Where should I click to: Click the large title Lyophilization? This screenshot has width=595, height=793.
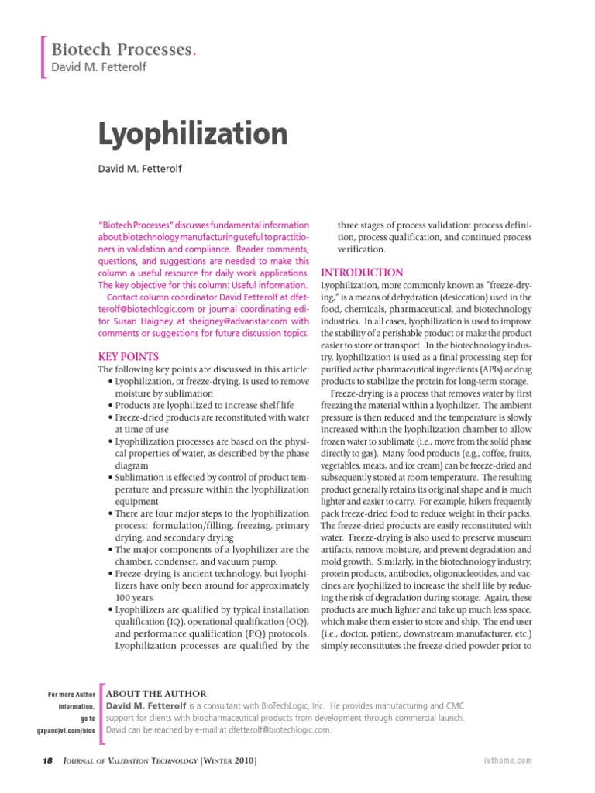pyautogui.click(x=193, y=135)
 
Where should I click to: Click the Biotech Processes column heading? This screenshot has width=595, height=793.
pyautogui.click(x=122, y=50)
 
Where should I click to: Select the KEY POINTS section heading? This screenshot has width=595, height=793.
pyautogui.click(x=128, y=357)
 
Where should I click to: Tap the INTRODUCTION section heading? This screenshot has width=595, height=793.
pyautogui.click(x=362, y=273)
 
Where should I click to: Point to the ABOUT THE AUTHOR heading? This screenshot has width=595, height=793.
pyautogui.click(x=156, y=694)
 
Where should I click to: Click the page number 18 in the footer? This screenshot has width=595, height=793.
pyautogui.click(x=26, y=762)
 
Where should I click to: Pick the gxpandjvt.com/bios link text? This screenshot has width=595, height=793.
pyautogui.click(x=66, y=730)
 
